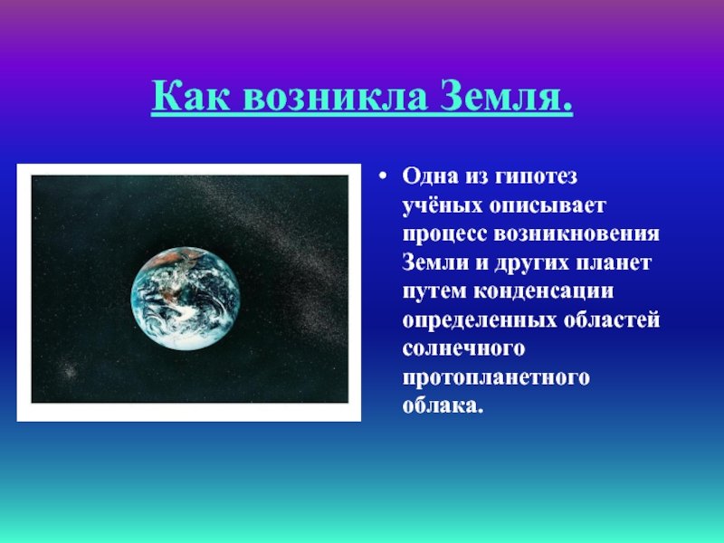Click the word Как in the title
point(190,96)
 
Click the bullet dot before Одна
point(382,176)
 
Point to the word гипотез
point(536,176)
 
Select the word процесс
point(444,234)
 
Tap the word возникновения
point(576,233)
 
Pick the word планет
point(614,262)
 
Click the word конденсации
point(544,291)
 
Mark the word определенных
point(480,320)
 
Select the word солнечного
point(463,348)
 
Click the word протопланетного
point(496,377)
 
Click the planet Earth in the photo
point(186,299)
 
